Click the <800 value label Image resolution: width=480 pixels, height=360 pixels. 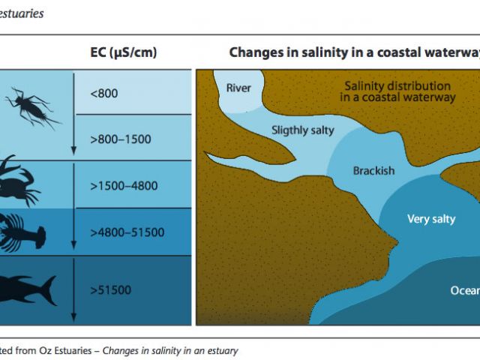point(104,93)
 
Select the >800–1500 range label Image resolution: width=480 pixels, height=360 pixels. point(121,139)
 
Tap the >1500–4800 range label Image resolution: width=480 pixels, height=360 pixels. point(124,186)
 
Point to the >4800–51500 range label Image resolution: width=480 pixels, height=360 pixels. point(127,232)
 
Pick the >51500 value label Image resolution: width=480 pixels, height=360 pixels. point(111,290)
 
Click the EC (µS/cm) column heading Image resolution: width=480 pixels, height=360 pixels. point(124,52)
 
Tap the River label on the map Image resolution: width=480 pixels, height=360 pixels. point(238,88)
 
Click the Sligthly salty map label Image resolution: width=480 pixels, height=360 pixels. point(303,130)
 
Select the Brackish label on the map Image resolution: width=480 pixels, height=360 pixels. point(373,170)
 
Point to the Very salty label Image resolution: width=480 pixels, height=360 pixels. point(431,219)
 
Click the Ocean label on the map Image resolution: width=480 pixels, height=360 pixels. point(465,290)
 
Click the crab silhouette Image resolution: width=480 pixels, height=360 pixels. point(18,182)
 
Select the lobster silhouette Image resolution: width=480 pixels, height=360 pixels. point(22,233)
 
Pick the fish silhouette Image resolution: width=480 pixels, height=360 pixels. point(28,289)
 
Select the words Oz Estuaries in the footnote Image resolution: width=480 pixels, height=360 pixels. point(65,350)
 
